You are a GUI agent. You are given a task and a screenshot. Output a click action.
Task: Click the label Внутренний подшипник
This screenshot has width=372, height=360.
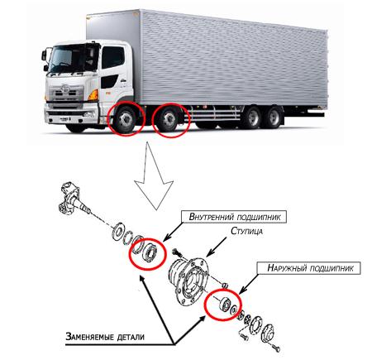click(235, 217)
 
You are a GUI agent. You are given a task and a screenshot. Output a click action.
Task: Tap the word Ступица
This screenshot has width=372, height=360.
click(246, 231)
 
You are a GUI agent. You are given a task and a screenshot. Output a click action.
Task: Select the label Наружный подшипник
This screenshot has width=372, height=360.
click(310, 268)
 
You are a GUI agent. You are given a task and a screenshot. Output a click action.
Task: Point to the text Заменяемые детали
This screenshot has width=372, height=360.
click(105, 337)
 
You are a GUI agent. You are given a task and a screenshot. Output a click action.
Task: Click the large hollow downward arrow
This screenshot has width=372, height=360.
click(155, 180)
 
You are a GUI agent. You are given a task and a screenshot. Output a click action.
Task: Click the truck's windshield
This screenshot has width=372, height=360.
click(70, 59)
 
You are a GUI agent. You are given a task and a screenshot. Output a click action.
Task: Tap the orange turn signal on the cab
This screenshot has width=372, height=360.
click(93, 95)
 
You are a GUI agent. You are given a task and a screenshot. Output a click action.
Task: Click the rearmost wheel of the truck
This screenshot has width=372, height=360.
click(274, 118)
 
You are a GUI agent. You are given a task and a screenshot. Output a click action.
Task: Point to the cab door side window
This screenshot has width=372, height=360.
click(113, 58)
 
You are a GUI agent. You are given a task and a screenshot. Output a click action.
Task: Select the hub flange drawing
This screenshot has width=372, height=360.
click(189, 276)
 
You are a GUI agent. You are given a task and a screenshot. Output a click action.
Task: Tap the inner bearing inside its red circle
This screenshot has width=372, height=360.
click(150, 251)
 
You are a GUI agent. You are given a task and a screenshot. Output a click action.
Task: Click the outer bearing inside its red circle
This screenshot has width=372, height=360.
click(226, 305)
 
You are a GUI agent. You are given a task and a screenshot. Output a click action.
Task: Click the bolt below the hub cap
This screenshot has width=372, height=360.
click(275, 348)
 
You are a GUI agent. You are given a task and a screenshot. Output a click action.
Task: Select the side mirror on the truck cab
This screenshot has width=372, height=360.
click(44, 55)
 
